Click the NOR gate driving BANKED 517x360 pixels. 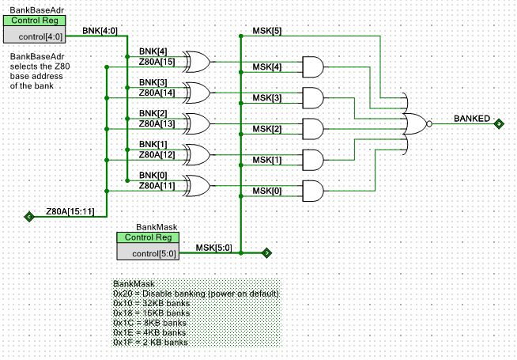coord(416,123)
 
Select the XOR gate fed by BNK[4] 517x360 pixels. coord(197,62)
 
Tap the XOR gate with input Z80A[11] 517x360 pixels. coord(197,186)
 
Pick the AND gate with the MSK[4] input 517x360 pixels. coord(313,67)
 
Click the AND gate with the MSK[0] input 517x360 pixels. coord(313,191)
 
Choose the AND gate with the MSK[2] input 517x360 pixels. coord(313,129)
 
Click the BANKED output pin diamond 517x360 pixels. coord(499,123)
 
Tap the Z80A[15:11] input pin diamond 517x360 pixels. coord(29,217)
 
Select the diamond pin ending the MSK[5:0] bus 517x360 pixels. coord(266,253)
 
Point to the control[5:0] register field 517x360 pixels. coord(148,253)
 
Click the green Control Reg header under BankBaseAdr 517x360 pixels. coord(34,21)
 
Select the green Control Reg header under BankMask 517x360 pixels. coord(148,237)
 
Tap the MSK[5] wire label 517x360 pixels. coord(267,31)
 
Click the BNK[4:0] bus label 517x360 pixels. coord(100,31)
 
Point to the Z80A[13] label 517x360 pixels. coord(157,123)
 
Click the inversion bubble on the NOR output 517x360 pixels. coord(429,123)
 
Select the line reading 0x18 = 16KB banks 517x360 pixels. coord(151,313)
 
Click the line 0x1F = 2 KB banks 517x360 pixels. coord(150,342)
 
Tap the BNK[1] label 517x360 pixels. coord(153,144)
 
